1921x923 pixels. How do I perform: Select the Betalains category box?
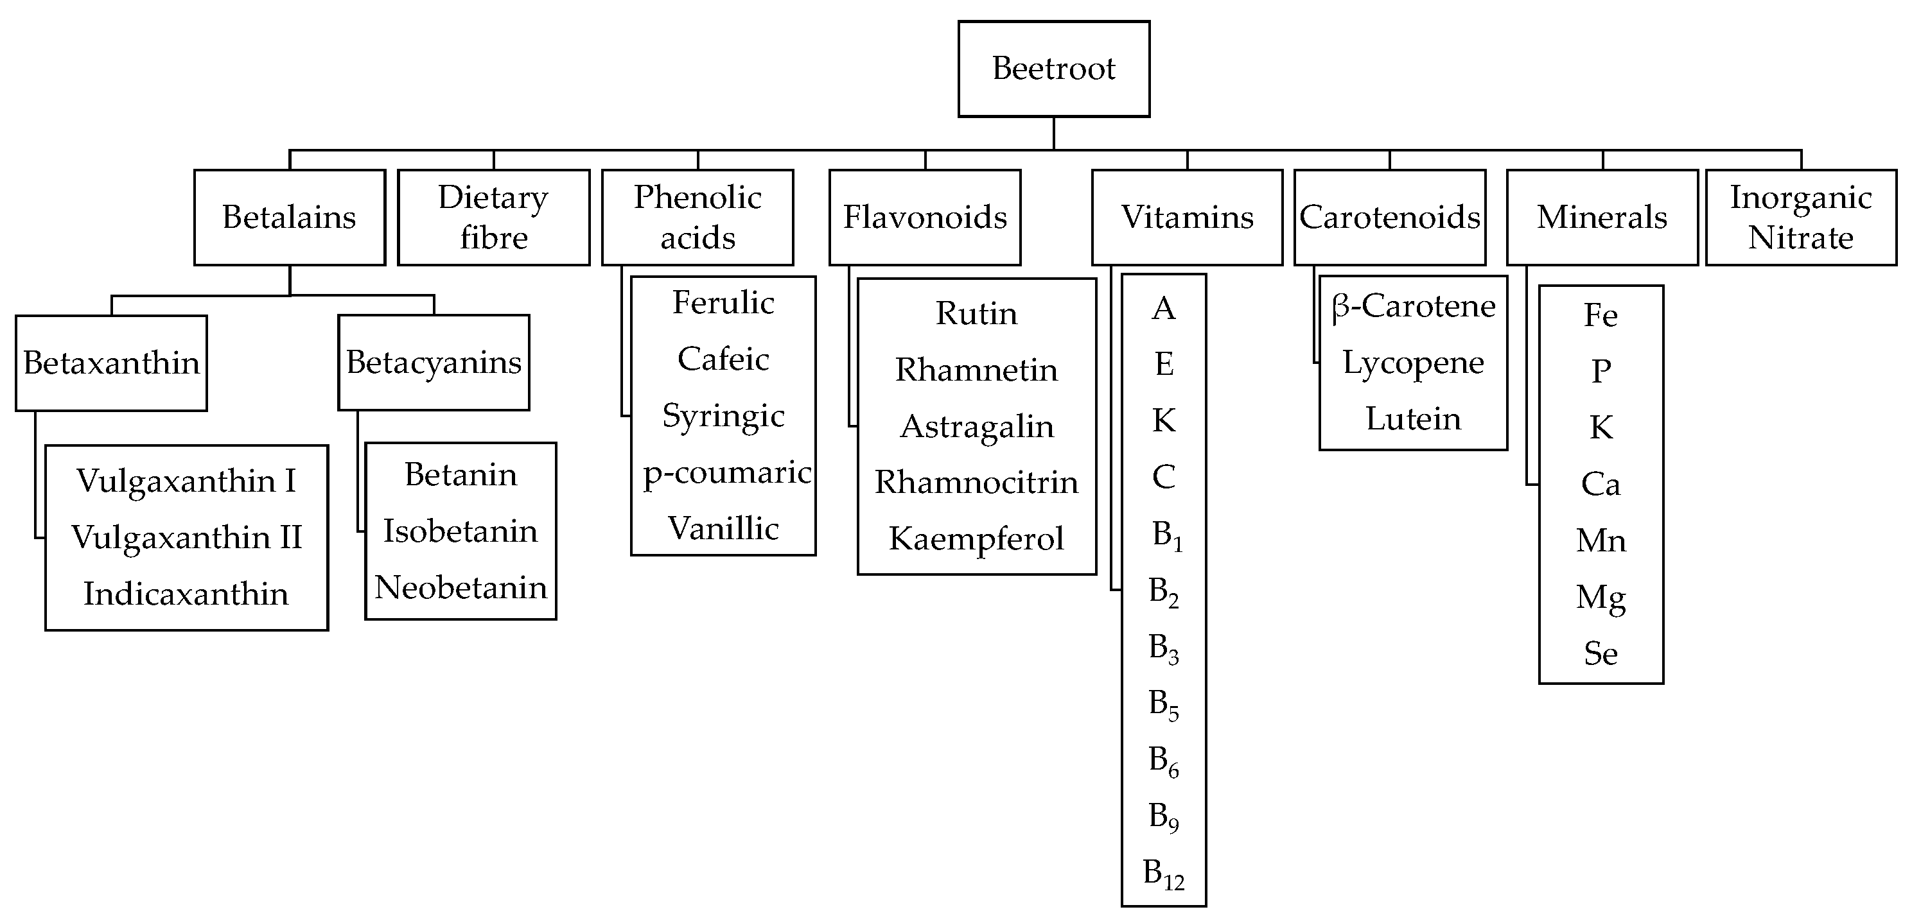pos(290,217)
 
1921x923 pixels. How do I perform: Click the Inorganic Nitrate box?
pos(1800,217)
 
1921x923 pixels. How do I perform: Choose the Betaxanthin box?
pos(111,363)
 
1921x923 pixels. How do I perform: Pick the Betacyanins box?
pos(434,363)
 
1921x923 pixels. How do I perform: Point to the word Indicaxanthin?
pos(186,594)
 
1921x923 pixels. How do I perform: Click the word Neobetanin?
pos(460,587)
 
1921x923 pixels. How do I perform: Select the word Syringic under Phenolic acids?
pos(723,416)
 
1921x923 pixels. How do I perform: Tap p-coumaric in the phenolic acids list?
pos(726,472)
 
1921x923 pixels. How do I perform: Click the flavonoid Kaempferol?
pos(976,539)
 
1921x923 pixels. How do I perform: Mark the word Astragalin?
pos(976,426)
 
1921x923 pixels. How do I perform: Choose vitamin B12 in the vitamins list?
pos(1162,873)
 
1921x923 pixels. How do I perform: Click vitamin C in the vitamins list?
pos(1162,477)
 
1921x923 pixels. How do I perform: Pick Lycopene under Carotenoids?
pos(1412,363)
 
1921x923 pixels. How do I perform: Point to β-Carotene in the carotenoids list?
pos(1412,306)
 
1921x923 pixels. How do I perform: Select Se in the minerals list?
pos(1601,654)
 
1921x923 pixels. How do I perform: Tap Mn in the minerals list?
pos(1601,540)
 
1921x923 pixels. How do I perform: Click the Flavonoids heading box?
pos(925,217)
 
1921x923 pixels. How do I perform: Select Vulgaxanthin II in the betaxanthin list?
pos(186,537)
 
